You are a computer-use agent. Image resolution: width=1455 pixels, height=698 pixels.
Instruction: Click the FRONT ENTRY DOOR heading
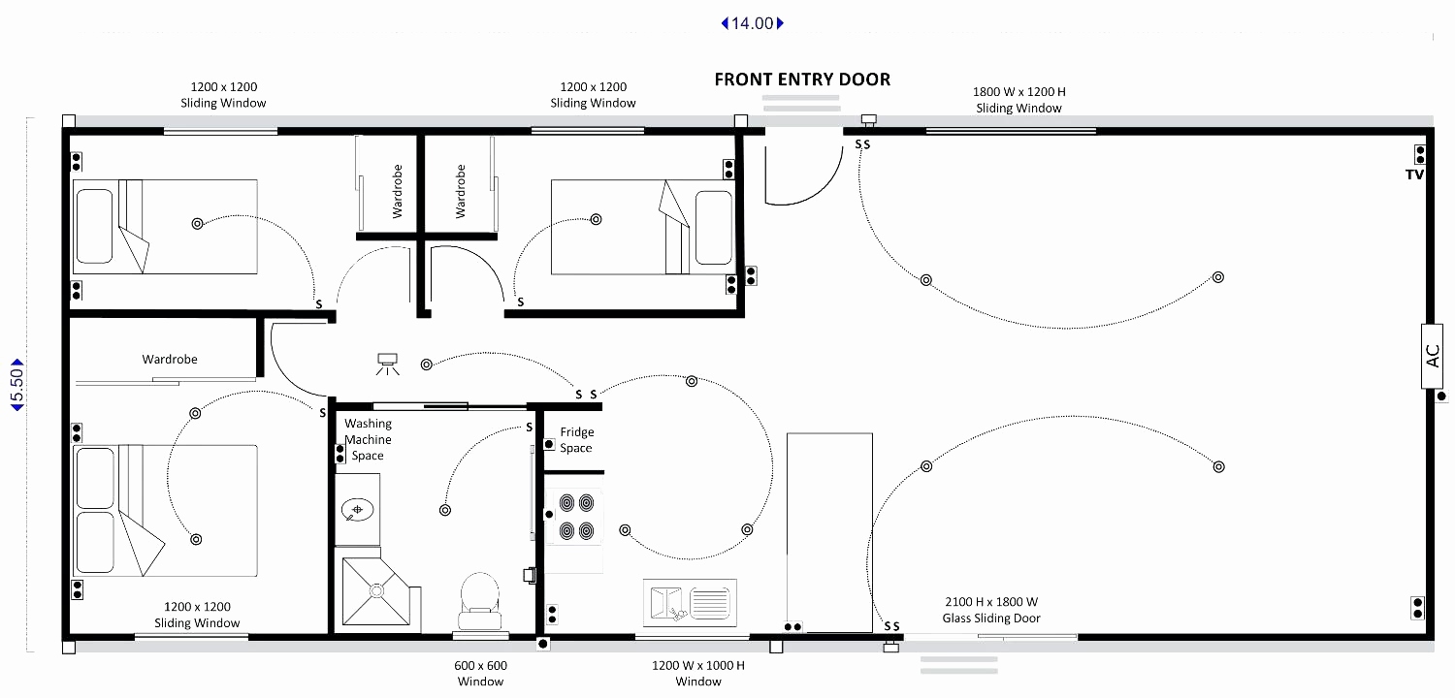pyautogui.click(x=802, y=79)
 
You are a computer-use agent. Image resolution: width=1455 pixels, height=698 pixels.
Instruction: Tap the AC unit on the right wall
pyautogui.click(x=1434, y=356)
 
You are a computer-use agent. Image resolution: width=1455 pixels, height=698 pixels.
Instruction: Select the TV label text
pyautogui.click(x=1414, y=174)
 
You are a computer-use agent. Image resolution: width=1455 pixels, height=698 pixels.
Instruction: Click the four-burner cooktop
pyautogui.click(x=573, y=518)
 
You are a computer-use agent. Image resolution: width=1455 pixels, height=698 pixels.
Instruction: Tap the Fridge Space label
pyautogui.click(x=576, y=440)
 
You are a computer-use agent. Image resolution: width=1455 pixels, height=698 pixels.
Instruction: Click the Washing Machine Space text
pyautogui.click(x=368, y=439)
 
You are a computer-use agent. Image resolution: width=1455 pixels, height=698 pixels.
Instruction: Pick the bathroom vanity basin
pyautogui.click(x=358, y=509)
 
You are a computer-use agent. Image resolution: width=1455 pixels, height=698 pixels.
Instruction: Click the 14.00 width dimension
pyautogui.click(x=752, y=23)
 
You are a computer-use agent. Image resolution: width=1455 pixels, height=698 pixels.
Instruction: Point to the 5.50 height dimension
pyautogui.click(x=16, y=383)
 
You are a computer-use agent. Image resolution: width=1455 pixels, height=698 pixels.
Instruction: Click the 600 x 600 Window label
pyautogui.click(x=480, y=673)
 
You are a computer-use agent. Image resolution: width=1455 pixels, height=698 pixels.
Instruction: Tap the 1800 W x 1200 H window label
pyautogui.click(x=1018, y=100)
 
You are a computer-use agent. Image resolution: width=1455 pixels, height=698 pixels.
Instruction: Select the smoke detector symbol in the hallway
pyautogui.click(x=388, y=364)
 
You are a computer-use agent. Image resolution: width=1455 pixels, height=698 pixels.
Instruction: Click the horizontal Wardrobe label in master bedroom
pyautogui.click(x=170, y=360)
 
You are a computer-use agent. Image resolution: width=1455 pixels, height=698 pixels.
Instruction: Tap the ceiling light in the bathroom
pyautogui.click(x=445, y=510)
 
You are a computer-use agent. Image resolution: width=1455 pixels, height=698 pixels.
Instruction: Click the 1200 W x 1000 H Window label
pyautogui.click(x=698, y=673)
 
